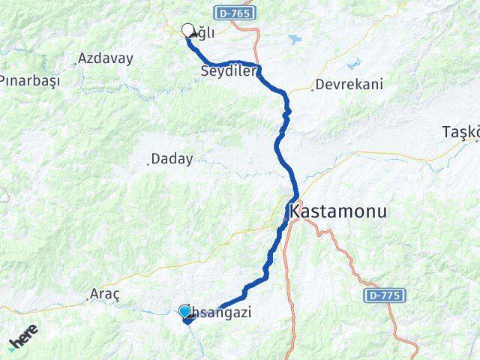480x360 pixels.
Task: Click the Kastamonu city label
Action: click(338, 211)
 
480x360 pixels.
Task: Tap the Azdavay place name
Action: click(106, 58)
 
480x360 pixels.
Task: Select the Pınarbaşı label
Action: click(28, 80)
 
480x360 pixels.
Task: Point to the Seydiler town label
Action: click(229, 71)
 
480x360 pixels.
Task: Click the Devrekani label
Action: click(349, 84)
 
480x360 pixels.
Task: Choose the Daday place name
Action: click(172, 159)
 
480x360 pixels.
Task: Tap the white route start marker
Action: click(187, 30)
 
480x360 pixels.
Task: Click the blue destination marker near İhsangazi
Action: click(184, 310)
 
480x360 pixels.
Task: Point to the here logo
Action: click(23, 341)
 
